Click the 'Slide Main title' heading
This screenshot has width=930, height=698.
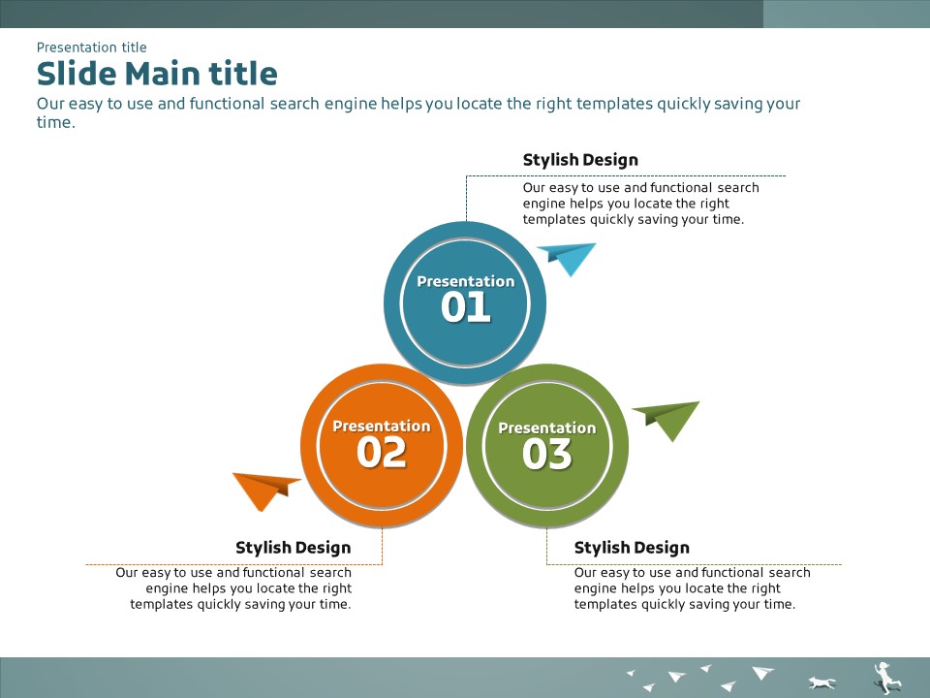click(157, 74)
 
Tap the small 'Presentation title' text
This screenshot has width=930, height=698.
click(91, 47)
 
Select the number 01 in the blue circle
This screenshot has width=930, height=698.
click(466, 307)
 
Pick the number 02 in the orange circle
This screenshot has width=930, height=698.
click(382, 453)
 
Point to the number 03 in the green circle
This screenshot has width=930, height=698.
click(546, 454)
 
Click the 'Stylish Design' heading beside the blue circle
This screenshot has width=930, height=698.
click(580, 160)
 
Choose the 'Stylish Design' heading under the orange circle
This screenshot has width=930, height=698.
click(293, 548)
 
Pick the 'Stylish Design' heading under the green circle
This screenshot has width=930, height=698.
click(632, 548)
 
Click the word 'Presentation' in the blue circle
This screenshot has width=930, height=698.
click(466, 281)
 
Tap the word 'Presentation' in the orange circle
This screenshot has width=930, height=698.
click(382, 427)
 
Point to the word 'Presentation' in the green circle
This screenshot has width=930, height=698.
click(546, 428)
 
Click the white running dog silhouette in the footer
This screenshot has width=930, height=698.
click(821, 682)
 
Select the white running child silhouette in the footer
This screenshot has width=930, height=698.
click(886, 678)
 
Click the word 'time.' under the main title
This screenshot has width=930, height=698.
click(56, 123)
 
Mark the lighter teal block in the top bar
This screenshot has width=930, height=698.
click(847, 14)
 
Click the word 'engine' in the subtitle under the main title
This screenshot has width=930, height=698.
click(350, 105)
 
